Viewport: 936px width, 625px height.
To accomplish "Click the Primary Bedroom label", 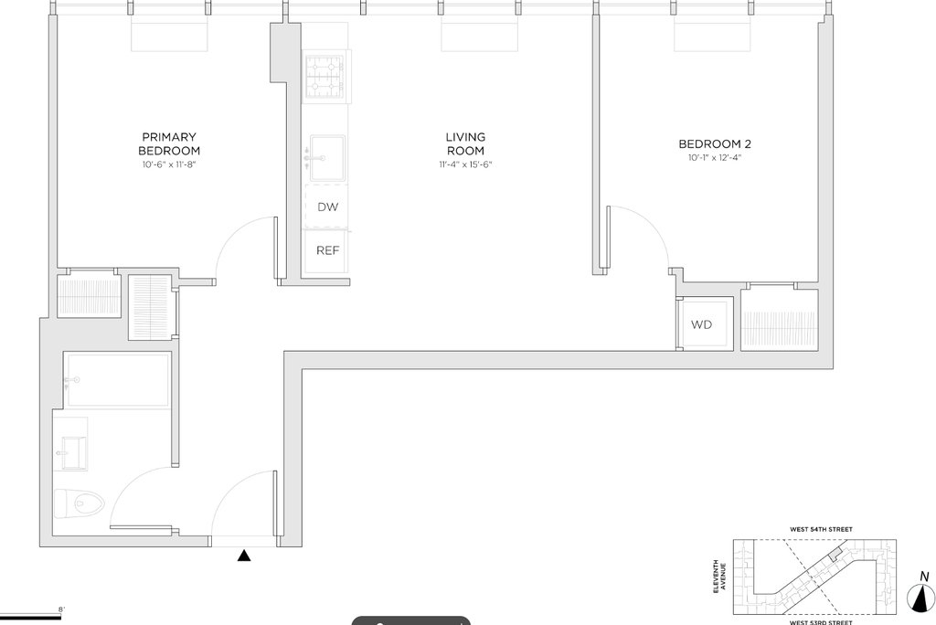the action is (169, 143).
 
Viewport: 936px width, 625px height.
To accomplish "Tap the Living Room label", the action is (465, 143).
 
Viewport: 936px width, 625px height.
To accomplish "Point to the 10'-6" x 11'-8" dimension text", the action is (169, 164).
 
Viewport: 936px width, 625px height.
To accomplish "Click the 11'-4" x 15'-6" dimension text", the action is (465, 164).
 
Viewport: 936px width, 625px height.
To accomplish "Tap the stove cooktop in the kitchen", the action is (324, 77).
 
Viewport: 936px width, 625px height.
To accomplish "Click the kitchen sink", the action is (326, 158).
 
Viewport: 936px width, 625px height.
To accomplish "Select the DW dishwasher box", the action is (326, 207).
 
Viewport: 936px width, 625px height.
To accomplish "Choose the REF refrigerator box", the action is (326, 250).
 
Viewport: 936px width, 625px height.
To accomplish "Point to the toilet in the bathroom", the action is (79, 504).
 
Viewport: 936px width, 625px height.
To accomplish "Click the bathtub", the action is (118, 380).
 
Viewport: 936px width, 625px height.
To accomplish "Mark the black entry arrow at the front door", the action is (243, 556).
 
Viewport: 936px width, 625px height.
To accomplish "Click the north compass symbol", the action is (921, 597).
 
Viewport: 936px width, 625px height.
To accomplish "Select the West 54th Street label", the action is (821, 529).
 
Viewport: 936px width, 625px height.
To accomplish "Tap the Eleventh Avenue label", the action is (719, 577).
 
